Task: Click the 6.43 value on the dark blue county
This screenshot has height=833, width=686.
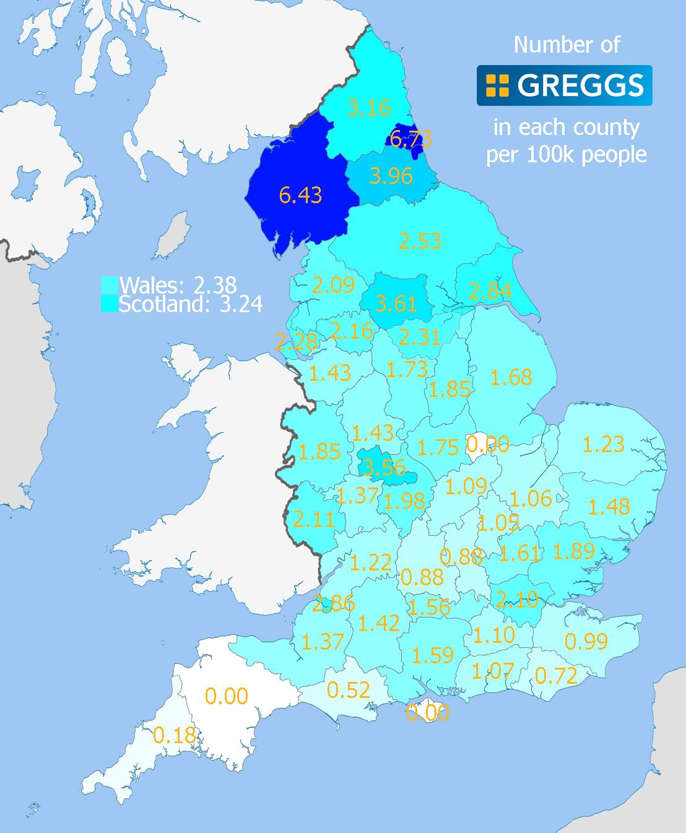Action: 300,195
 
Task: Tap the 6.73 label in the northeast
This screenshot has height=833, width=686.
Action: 411,139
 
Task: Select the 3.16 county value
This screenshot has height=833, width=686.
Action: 368,108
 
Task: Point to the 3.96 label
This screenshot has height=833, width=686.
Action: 391,176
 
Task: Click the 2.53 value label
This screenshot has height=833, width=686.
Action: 420,240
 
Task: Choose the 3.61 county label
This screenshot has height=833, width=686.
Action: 396,303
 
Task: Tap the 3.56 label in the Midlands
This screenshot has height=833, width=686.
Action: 384,467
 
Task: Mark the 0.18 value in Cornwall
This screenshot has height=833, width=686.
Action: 174,735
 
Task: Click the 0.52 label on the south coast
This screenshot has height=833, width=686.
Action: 348,689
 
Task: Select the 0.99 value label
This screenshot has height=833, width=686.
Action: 586,641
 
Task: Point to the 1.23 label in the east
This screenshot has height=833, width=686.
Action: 603,444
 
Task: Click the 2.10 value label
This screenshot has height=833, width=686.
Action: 517,600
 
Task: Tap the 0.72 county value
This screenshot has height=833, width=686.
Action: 555,675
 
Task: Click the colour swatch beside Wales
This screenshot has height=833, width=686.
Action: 109,285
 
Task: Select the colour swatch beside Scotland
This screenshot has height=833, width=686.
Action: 109,303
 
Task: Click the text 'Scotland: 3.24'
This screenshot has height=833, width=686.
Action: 191,304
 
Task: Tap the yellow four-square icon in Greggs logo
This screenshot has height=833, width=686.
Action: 497,85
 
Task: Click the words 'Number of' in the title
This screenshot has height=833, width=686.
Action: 567,45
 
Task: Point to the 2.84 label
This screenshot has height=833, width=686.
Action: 490,290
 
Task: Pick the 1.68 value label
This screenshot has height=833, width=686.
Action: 511,377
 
